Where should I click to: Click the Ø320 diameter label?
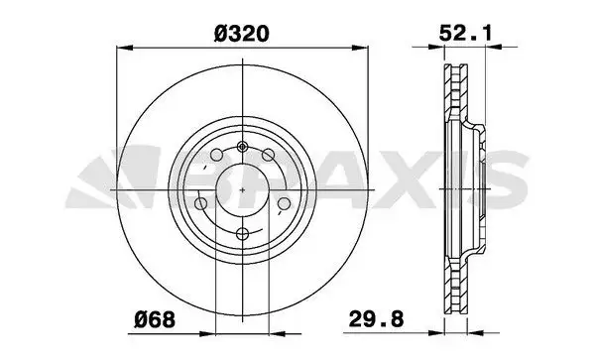(x=242, y=34)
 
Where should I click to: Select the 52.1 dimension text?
(x=465, y=34)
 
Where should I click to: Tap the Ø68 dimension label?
(x=155, y=319)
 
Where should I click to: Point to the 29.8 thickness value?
(x=376, y=319)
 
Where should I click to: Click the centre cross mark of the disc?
(x=243, y=189)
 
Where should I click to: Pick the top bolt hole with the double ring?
(x=242, y=147)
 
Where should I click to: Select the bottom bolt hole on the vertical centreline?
(x=242, y=234)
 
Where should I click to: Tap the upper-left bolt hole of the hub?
(x=216, y=155)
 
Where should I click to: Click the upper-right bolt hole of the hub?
(x=268, y=155)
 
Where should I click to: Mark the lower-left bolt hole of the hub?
(x=200, y=203)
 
